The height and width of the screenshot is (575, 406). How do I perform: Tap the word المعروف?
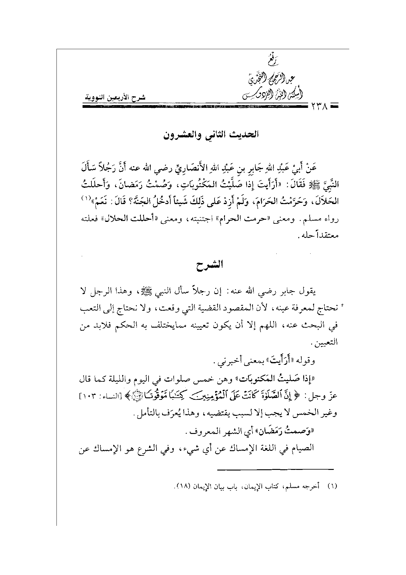[x=200, y=432]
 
